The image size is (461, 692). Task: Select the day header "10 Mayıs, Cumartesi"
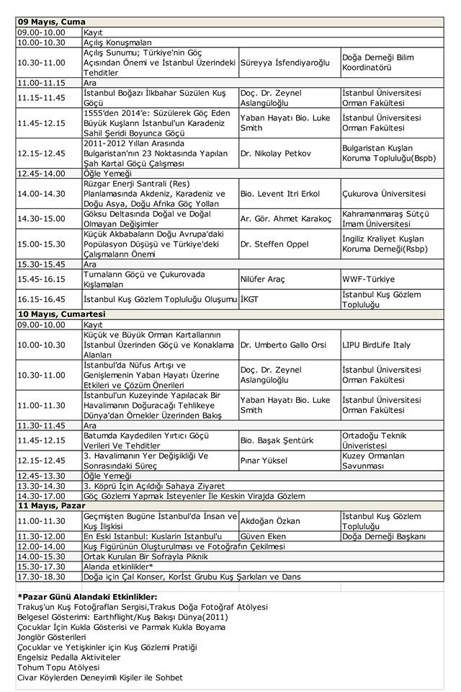click(x=61, y=314)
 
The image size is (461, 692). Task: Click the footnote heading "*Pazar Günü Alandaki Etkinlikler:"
click(x=87, y=597)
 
